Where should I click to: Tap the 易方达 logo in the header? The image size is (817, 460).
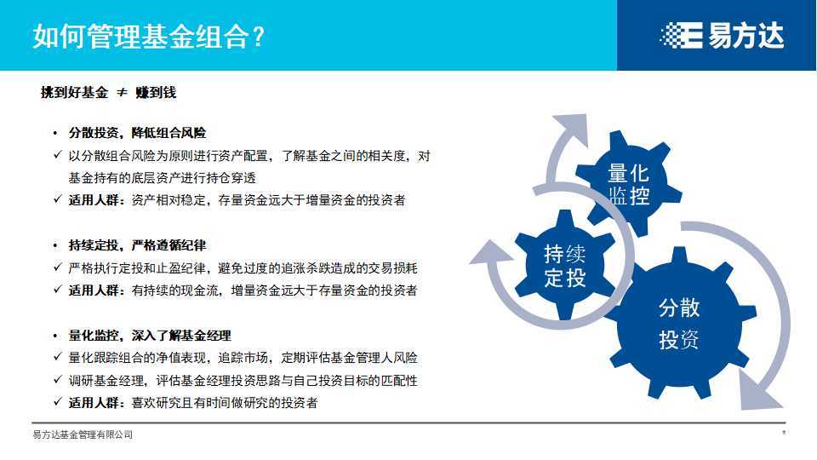(721, 35)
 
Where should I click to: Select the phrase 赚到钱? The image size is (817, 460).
(156, 93)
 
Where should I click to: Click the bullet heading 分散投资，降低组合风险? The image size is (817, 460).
(137, 134)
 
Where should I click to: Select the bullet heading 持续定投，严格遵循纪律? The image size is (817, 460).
(137, 245)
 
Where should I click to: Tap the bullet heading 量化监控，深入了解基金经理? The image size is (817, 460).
(150, 336)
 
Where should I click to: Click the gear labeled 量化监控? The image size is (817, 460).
(628, 184)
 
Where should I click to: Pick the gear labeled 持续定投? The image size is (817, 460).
(565, 264)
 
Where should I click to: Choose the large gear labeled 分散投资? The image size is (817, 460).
(679, 324)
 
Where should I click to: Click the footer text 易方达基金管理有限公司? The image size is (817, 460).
(83, 435)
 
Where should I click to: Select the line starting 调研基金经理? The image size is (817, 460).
(243, 381)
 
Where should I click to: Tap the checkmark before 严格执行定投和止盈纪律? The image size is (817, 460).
(57, 268)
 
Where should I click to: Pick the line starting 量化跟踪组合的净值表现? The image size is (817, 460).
(243, 359)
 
